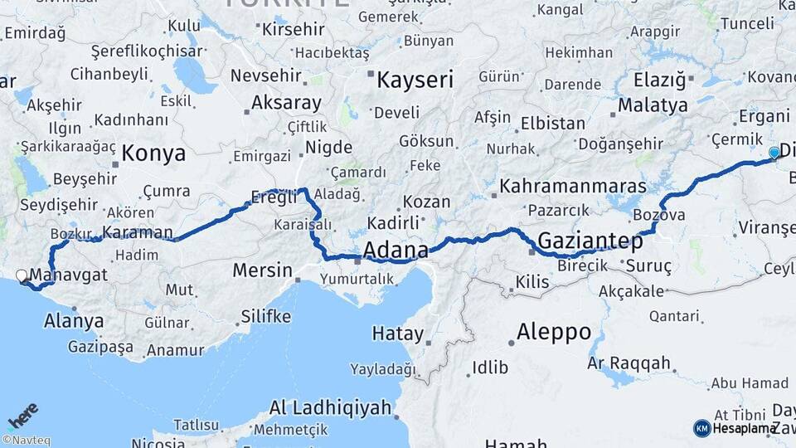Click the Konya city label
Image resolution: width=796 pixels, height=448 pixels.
tap(153, 153)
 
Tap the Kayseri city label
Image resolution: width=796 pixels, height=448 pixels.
tap(415, 80)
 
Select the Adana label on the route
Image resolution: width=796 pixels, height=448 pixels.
tap(396, 250)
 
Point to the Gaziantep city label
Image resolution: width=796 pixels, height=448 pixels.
tap(590, 242)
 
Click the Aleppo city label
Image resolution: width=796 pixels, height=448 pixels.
tap(554, 333)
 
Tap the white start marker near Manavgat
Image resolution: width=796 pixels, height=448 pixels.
tap(22, 275)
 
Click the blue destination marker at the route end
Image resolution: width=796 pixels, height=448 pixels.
tap(774, 153)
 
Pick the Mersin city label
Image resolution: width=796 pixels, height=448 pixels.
tap(262, 270)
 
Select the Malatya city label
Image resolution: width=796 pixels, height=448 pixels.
tap(653, 105)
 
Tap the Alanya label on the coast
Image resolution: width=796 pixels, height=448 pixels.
tap(74, 321)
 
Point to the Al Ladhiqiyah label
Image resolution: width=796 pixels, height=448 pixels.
tap(330, 407)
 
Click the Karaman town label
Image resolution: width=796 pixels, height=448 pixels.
tap(137, 232)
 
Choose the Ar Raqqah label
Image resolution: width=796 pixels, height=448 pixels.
tap(629, 363)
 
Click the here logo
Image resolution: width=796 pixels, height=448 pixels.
tap(23, 415)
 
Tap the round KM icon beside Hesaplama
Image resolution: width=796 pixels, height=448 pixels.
tap(701, 428)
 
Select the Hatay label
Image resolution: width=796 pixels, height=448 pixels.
tap(397, 334)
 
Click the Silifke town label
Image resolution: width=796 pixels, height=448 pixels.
tap(265, 316)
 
